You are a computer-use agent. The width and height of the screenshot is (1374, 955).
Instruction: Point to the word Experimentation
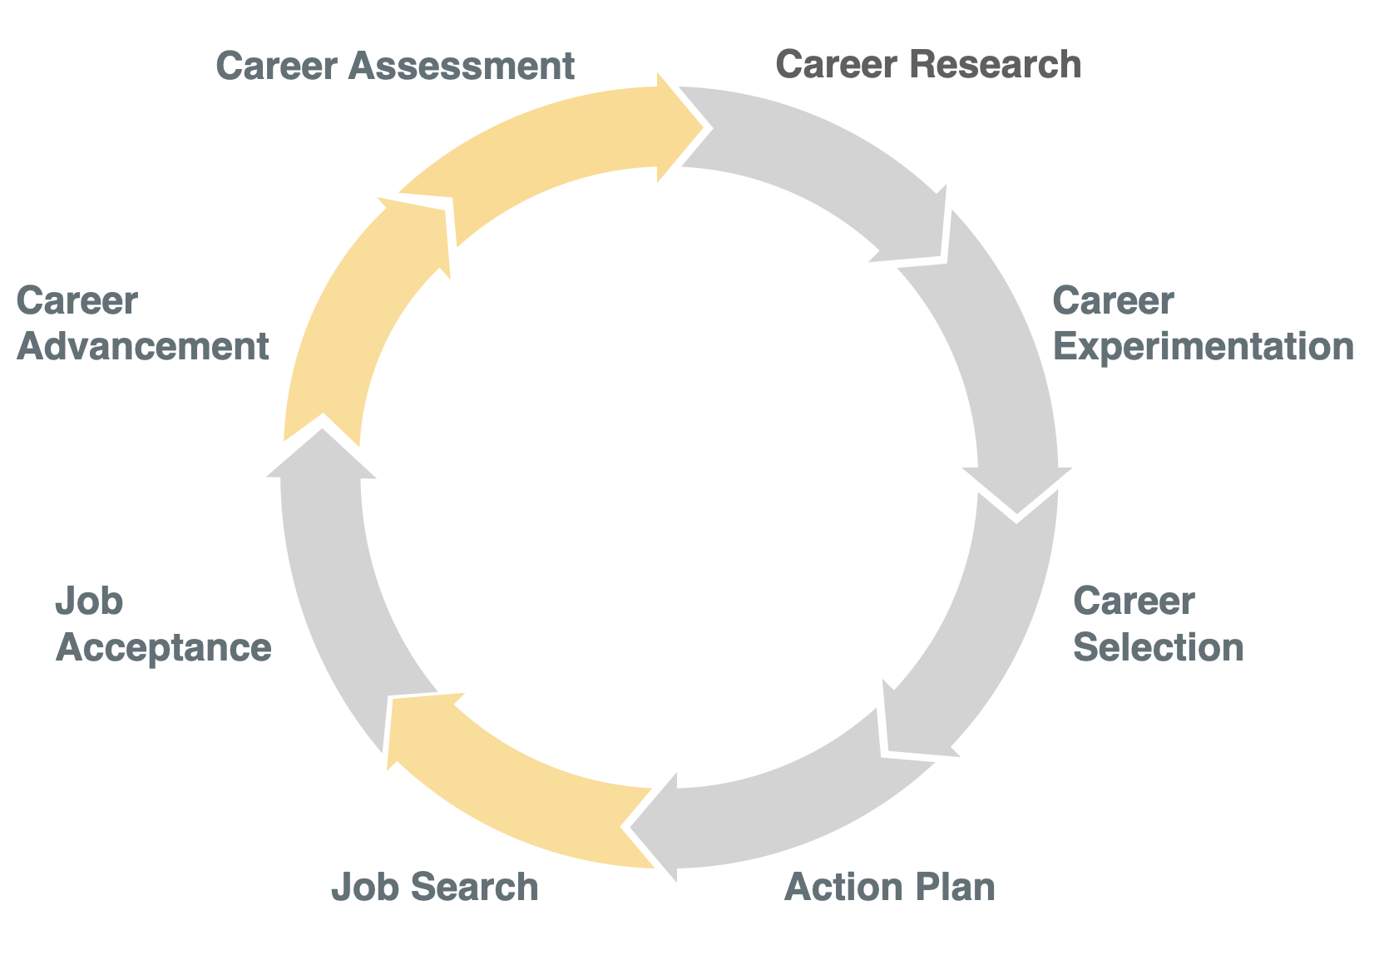[x=1203, y=347]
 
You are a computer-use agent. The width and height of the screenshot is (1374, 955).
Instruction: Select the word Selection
[x=1158, y=646]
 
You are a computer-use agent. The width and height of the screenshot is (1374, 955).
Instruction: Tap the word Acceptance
[x=163, y=647]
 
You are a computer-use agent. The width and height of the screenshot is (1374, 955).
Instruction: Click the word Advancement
[x=143, y=347]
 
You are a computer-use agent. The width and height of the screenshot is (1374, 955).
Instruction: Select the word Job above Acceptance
[x=89, y=601]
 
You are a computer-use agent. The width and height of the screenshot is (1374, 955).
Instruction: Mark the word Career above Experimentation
[x=1113, y=301]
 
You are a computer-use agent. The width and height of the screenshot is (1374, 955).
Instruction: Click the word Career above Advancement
[x=77, y=301]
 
